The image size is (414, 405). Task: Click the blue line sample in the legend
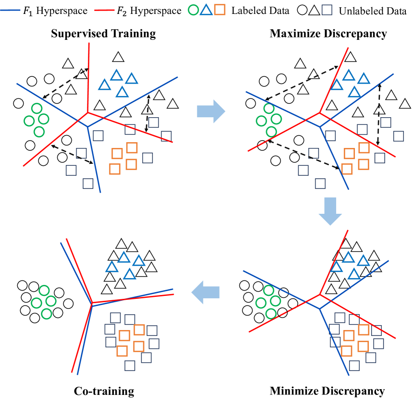(x=10, y=10)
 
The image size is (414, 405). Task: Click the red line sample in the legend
(x=104, y=10)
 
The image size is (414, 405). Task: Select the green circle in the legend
(x=193, y=10)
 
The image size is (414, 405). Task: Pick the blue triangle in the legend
(x=207, y=10)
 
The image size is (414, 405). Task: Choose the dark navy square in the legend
(x=327, y=10)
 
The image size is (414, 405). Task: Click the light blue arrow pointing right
(x=211, y=111)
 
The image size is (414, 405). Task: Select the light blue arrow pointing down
(x=330, y=211)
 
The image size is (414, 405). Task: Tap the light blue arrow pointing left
(x=206, y=292)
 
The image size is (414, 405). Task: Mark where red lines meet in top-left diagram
(x=88, y=113)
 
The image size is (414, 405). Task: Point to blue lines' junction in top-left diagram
(x=88, y=126)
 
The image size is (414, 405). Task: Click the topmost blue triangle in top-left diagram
(x=117, y=75)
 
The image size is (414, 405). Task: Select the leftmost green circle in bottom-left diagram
(x=37, y=303)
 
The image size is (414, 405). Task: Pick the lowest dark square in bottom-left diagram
(x=130, y=366)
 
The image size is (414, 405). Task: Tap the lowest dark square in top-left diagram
(x=88, y=184)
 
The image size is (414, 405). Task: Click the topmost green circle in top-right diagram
(x=269, y=109)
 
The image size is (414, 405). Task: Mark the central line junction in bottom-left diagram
(x=92, y=303)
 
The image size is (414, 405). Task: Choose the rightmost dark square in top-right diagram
(x=398, y=136)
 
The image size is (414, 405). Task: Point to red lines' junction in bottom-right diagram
(x=320, y=295)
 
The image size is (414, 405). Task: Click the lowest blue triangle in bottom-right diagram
(x=354, y=274)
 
